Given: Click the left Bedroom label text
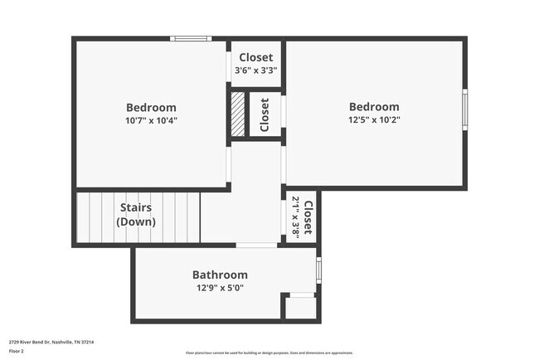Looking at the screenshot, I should [x=151, y=107].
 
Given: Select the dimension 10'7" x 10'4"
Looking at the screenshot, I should [x=151, y=120].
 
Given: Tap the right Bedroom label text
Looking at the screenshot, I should [x=373, y=106].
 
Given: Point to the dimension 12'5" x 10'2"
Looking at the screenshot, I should [x=373, y=119].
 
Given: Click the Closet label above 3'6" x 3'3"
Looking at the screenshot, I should [x=255, y=57].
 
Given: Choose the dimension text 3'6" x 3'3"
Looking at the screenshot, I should [x=255, y=71].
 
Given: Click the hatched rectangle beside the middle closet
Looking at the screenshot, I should [x=239, y=114].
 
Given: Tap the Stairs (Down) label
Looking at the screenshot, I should [x=137, y=215].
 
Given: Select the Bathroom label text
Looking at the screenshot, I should [x=220, y=275].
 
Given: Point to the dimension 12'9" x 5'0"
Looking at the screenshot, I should [x=220, y=289].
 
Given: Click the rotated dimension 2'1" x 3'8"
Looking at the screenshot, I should [x=296, y=217].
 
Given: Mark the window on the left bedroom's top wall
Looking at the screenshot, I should [x=191, y=38].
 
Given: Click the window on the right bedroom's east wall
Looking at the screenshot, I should [x=464, y=105].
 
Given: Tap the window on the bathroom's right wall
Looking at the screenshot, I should [x=318, y=270].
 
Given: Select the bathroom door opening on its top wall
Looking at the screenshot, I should [x=257, y=246].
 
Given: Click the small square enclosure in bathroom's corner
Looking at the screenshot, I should [x=301, y=307].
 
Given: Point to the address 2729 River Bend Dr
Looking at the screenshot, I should [x=51, y=342].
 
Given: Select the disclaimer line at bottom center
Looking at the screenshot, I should [x=269, y=353].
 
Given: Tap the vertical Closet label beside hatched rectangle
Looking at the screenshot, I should [x=265, y=115].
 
